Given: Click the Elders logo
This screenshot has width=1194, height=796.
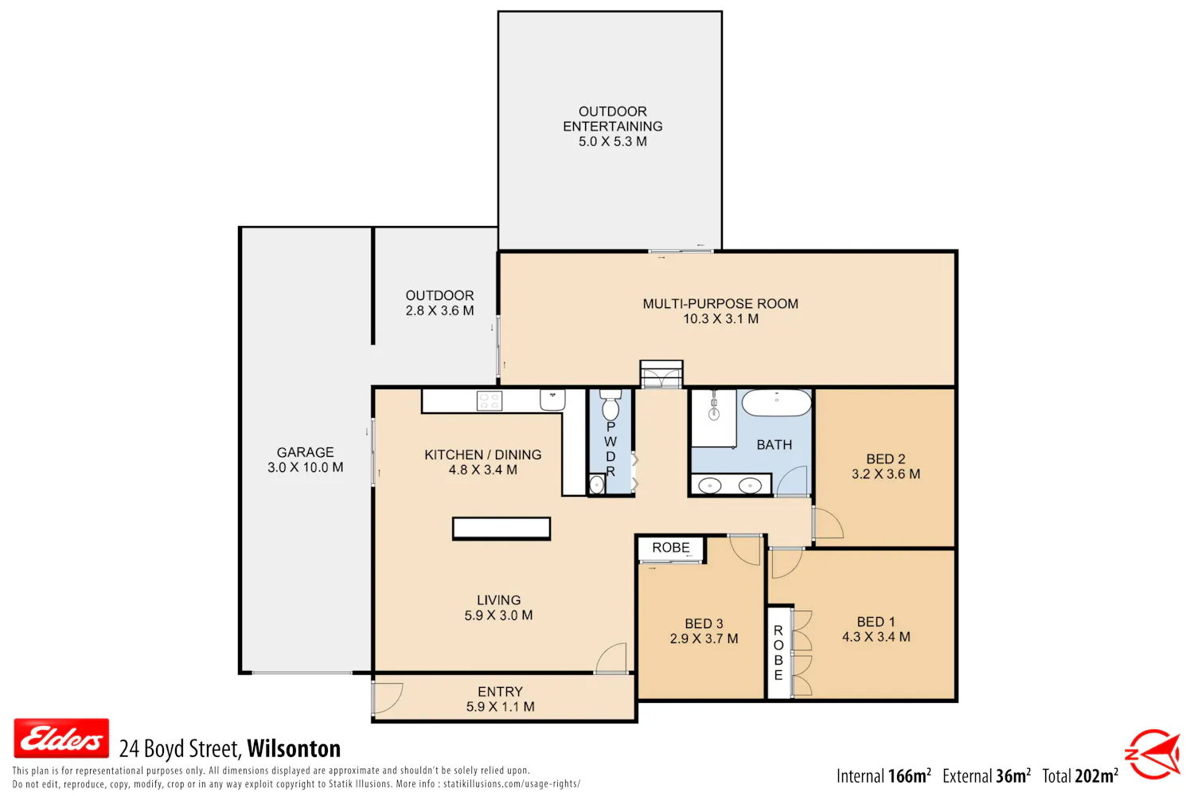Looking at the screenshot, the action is point(61,738).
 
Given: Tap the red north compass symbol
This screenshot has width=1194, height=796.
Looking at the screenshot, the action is point(1154,754).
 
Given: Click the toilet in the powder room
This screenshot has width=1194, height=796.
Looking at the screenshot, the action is point(611,404).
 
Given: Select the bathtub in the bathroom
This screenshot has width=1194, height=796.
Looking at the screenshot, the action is point(777,402).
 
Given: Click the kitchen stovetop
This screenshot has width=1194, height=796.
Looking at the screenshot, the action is point(490,400).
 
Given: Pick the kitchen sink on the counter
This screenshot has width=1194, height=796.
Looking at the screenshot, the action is point(552,400).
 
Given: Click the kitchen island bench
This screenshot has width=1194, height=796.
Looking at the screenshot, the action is point(501,528).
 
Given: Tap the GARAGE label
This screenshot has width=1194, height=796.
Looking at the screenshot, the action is point(306,452).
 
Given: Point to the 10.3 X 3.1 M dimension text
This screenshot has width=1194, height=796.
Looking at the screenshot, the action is point(720,319).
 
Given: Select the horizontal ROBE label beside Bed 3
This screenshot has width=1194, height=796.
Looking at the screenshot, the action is point(670,548).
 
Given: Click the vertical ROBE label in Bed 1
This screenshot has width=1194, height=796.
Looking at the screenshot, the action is point(778,653).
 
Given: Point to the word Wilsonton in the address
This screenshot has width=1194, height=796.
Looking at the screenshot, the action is point(294,748).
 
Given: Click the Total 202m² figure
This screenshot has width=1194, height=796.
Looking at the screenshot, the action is point(1080,776).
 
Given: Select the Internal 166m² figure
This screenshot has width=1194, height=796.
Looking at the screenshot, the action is point(884,776).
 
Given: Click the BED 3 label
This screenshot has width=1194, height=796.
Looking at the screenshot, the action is point(704,623).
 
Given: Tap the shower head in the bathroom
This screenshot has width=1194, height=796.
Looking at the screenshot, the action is point(714,412).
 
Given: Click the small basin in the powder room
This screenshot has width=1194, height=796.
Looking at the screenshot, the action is point(596,485).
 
